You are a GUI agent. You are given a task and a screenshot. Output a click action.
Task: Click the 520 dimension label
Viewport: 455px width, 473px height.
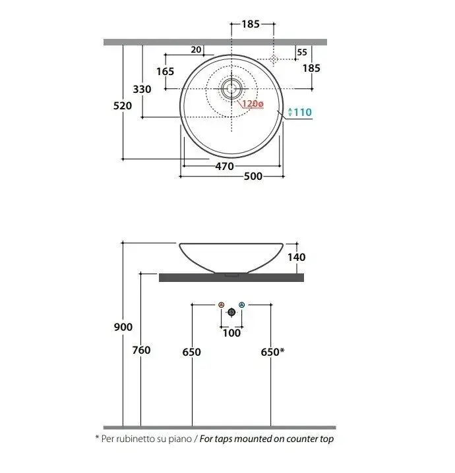pos(123,106)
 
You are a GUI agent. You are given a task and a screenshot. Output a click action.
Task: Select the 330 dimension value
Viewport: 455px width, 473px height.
pos(142,90)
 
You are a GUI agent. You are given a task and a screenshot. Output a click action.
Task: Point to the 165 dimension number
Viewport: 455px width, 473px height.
pos(165,72)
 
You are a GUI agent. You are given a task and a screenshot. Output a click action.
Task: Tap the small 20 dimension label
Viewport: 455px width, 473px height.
pos(196,49)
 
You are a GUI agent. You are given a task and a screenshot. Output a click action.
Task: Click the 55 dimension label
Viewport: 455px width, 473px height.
pos(302,53)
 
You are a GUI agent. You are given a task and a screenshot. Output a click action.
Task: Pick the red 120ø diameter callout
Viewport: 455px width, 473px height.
pos(253,104)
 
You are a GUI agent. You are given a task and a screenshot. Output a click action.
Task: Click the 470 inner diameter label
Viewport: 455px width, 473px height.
pos(225,166)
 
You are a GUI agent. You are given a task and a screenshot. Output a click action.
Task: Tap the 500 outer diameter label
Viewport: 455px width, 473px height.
pos(253,176)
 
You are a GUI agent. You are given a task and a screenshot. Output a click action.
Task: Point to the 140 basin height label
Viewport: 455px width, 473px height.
pos(296,258)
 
